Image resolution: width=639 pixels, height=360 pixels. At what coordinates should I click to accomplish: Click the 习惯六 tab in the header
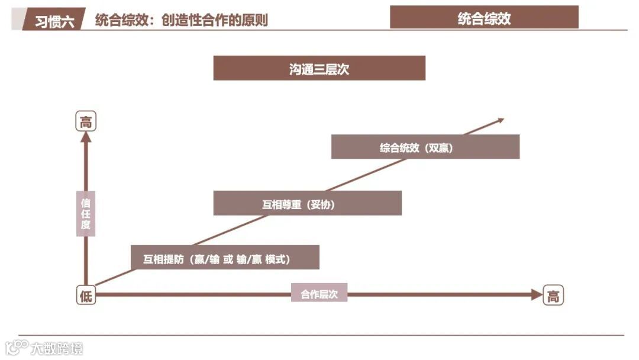point(54,20)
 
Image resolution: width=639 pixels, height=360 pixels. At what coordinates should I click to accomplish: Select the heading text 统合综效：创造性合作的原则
point(181,20)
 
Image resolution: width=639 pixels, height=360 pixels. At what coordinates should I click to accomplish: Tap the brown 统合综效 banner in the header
point(484,18)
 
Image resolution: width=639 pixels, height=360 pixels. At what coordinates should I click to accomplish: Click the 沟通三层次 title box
point(319,69)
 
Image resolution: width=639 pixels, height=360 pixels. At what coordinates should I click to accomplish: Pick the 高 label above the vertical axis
point(86,123)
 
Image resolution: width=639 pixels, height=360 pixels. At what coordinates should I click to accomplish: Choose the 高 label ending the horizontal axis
point(553,295)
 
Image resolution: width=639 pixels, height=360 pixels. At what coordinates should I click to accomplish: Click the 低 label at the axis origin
point(86,295)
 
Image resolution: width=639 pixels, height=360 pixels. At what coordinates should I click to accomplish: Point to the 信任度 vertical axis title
point(86,213)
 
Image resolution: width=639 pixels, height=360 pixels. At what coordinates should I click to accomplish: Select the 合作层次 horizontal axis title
point(319,294)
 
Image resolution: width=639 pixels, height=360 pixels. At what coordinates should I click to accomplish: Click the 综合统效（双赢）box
point(425,147)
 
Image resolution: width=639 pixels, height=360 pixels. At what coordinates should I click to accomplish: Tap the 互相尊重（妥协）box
point(307,204)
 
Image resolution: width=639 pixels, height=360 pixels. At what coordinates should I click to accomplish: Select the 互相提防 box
point(225,258)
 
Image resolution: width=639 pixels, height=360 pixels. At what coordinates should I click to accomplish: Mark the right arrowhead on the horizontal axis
point(536,294)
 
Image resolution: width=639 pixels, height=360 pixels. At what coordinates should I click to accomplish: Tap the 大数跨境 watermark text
point(57,348)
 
